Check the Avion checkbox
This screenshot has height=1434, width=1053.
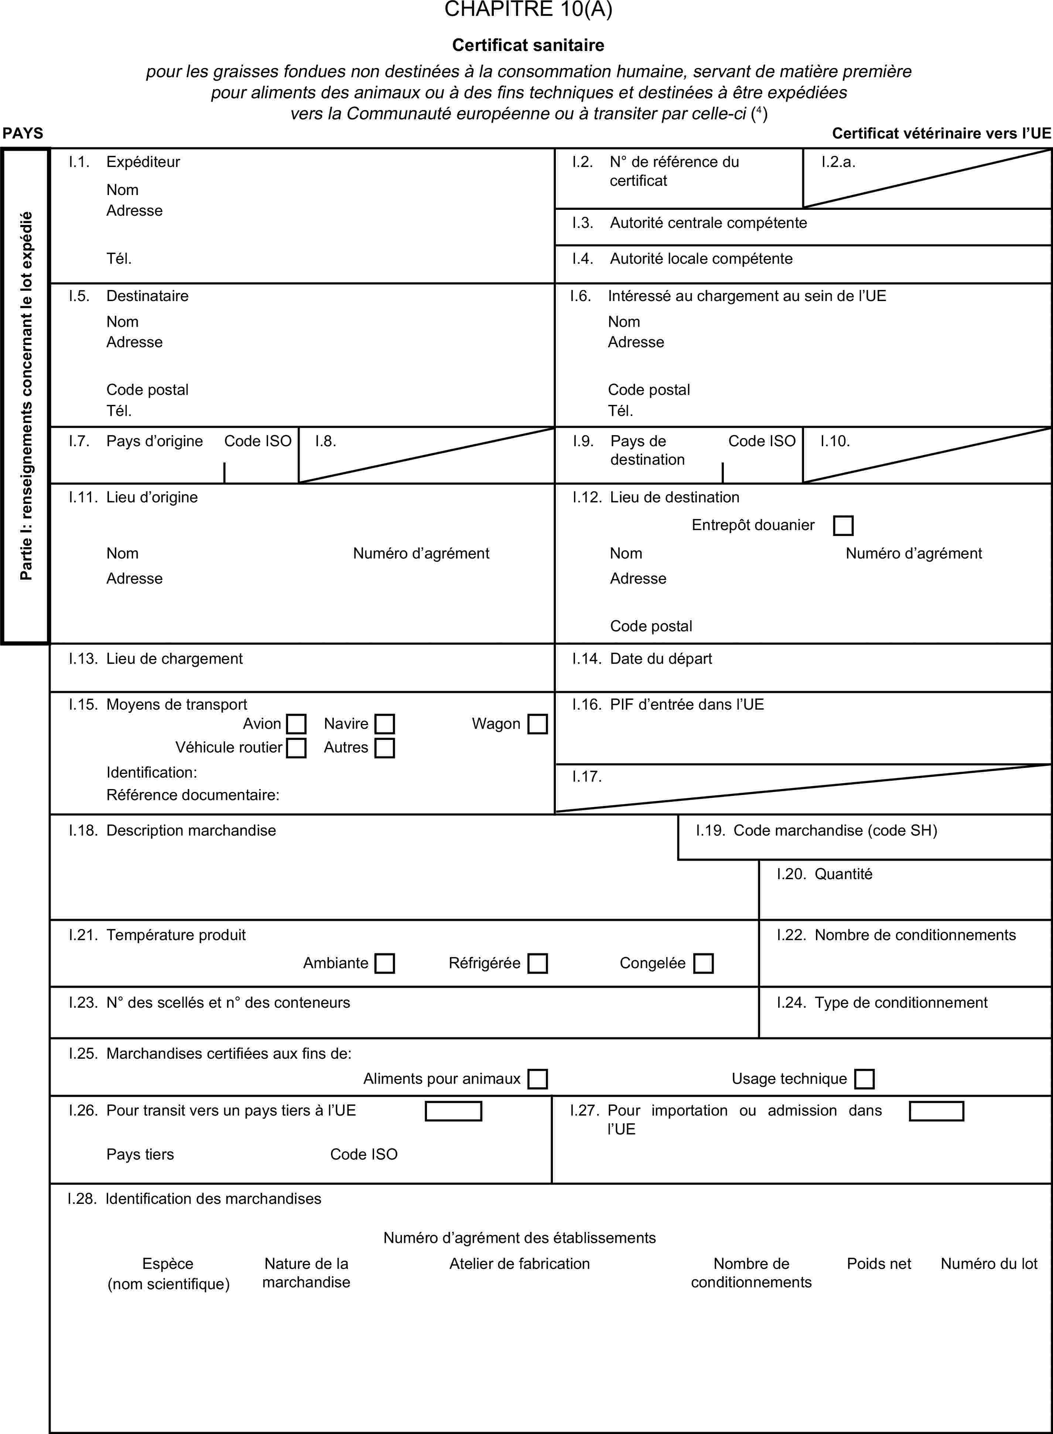click(x=296, y=724)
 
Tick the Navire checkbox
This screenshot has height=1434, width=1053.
click(x=384, y=724)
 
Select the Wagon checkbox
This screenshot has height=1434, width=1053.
click(x=537, y=724)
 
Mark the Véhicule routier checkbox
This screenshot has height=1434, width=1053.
click(x=296, y=748)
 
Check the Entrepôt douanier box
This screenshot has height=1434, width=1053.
click(x=842, y=525)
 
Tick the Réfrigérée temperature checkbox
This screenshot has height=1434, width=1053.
click(x=537, y=963)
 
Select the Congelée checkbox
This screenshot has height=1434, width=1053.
click(x=703, y=963)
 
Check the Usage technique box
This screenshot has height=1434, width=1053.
click(x=864, y=1079)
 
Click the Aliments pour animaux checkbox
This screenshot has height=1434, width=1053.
click(x=537, y=1079)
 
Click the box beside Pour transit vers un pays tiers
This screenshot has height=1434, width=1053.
click(x=453, y=1111)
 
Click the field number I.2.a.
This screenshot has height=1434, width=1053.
click(x=838, y=162)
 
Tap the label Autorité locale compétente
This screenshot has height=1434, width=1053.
click(x=701, y=259)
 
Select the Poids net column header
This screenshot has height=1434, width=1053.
click(x=878, y=1264)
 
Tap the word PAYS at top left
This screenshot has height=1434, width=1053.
click(x=23, y=133)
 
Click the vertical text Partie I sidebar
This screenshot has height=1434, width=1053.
click(x=25, y=395)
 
